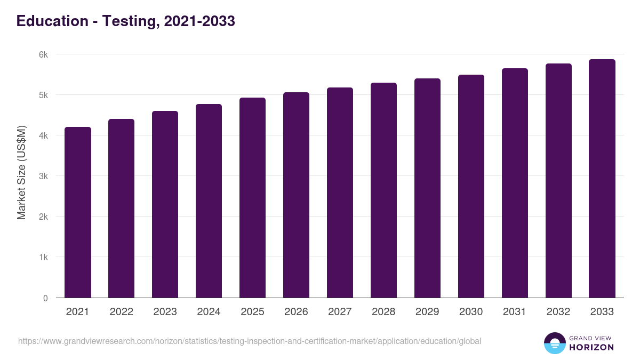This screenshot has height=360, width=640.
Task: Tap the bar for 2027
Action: [x=340, y=193]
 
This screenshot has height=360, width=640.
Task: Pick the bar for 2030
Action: [x=471, y=186]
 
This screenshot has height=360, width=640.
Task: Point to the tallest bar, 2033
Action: [x=602, y=178]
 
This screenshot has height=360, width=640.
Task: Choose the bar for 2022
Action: [x=122, y=208]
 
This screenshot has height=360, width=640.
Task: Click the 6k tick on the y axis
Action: [x=43, y=54]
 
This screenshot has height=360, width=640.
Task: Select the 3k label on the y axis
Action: [x=43, y=176]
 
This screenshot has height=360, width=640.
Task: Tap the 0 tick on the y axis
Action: [x=45, y=298]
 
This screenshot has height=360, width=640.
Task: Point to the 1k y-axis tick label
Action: [x=43, y=257]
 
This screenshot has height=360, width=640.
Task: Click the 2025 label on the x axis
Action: [x=253, y=312]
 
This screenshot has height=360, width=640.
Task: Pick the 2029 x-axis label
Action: [x=428, y=312]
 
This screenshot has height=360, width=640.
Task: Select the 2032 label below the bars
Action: [x=558, y=312]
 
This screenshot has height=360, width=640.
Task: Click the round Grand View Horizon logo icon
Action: [x=555, y=343]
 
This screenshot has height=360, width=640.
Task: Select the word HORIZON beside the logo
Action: [x=591, y=347]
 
